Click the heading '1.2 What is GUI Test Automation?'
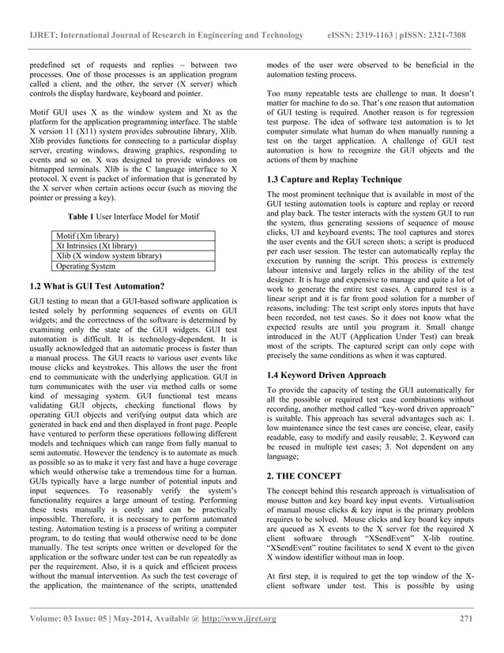96,285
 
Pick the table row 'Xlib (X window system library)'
108,256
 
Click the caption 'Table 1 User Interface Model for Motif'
134,216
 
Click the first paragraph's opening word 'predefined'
49,64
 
